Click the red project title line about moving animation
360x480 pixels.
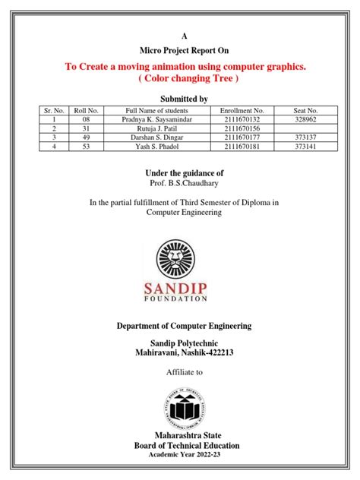(186, 67)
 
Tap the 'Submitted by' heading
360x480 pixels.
(182, 99)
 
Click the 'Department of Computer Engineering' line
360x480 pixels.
(184, 326)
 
